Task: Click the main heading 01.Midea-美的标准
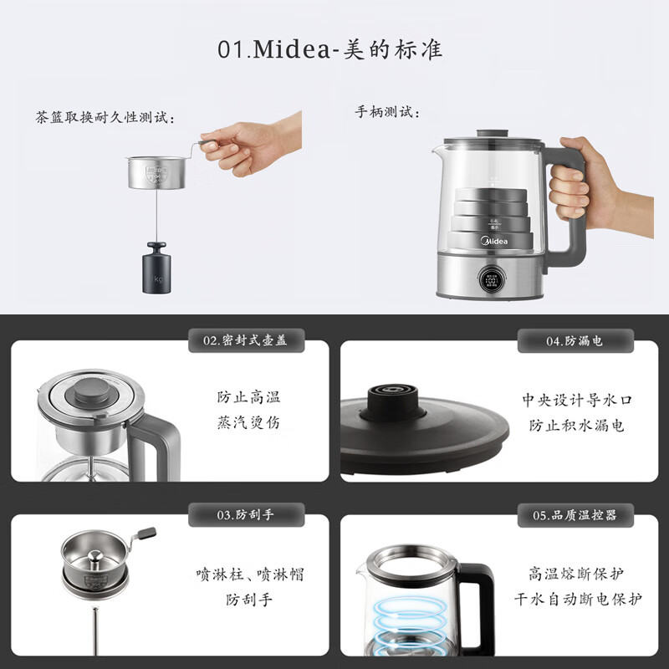click(x=329, y=49)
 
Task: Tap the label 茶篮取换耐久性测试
click(x=105, y=118)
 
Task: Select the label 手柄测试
click(x=388, y=112)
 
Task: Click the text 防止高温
click(x=248, y=397)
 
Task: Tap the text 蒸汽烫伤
click(x=248, y=423)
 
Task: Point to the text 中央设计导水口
click(x=577, y=400)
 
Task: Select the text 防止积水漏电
click(x=577, y=426)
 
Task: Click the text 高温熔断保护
click(x=577, y=574)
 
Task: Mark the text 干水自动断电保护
click(x=577, y=600)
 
